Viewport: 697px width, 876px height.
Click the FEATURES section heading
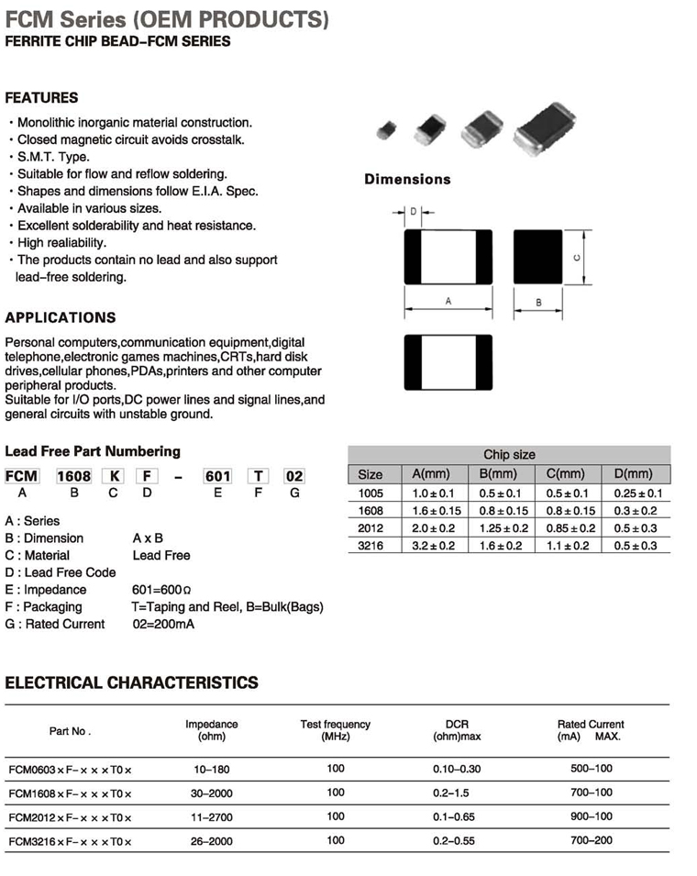(42, 98)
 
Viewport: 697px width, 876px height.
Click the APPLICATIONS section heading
(61, 318)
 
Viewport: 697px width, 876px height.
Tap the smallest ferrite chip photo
(385, 131)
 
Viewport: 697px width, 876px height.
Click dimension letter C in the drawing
(576, 258)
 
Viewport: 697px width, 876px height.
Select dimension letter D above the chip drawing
(414, 212)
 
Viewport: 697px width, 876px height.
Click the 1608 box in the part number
(73, 476)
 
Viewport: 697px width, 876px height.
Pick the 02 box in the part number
(293, 476)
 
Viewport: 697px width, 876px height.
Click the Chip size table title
(509, 455)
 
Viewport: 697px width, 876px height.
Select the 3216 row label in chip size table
(371, 546)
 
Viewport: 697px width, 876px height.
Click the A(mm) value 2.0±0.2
(435, 528)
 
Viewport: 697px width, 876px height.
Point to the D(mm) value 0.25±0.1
(638, 493)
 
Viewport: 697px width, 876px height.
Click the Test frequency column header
(336, 730)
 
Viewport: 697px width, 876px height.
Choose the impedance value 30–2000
(212, 793)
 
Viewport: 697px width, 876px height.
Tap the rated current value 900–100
(591, 816)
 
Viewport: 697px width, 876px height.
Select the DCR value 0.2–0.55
(457, 841)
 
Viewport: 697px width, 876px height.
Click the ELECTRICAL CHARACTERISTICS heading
(132, 683)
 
